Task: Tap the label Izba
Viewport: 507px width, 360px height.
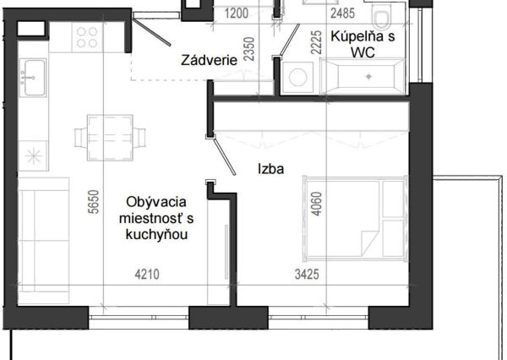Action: [270, 168]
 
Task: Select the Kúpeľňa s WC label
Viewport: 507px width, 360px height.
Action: [361, 44]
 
